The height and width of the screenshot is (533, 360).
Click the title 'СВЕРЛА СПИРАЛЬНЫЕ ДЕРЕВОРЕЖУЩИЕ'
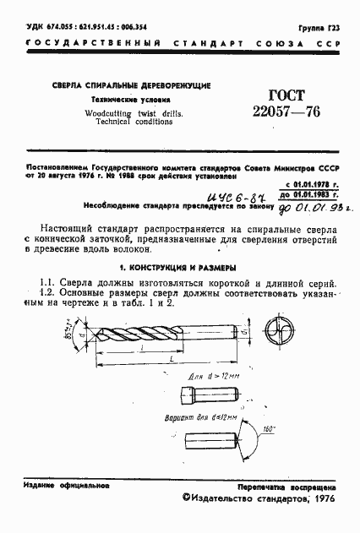click(132, 86)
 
